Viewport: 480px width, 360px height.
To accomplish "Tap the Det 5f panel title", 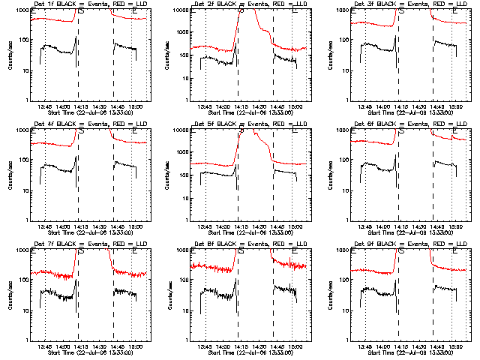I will (239, 124).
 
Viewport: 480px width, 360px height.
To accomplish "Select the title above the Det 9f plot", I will (400, 244).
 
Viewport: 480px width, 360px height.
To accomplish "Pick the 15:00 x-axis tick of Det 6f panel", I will (452, 226).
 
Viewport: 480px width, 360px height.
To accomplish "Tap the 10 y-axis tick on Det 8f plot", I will (185, 310).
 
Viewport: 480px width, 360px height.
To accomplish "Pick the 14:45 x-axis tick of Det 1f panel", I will (116, 106).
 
